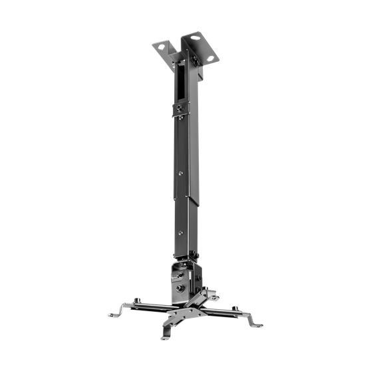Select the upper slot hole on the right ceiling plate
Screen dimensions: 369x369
[195, 38]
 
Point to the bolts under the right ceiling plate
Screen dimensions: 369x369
[195, 61]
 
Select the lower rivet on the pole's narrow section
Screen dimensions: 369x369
[183, 232]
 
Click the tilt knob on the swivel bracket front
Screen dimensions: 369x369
[180, 290]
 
